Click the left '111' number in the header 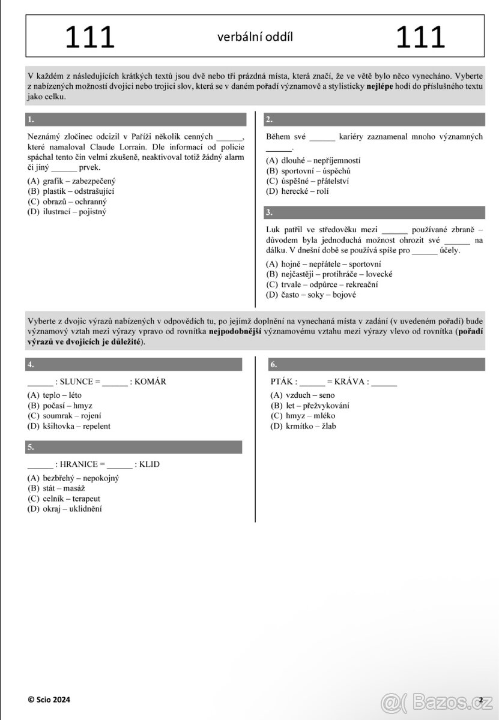[x=90, y=37]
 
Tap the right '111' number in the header [x=420, y=37]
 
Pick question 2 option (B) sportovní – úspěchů [x=308, y=171]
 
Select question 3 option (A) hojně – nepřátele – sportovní [x=324, y=264]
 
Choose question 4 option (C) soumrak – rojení [x=64, y=416]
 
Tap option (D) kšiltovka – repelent [x=69, y=426]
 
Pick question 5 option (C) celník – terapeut [x=64, y=499]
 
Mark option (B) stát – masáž [x=57, y=488]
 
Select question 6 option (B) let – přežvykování [x=310, y=406]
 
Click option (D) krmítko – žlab [x=303, y=426]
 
